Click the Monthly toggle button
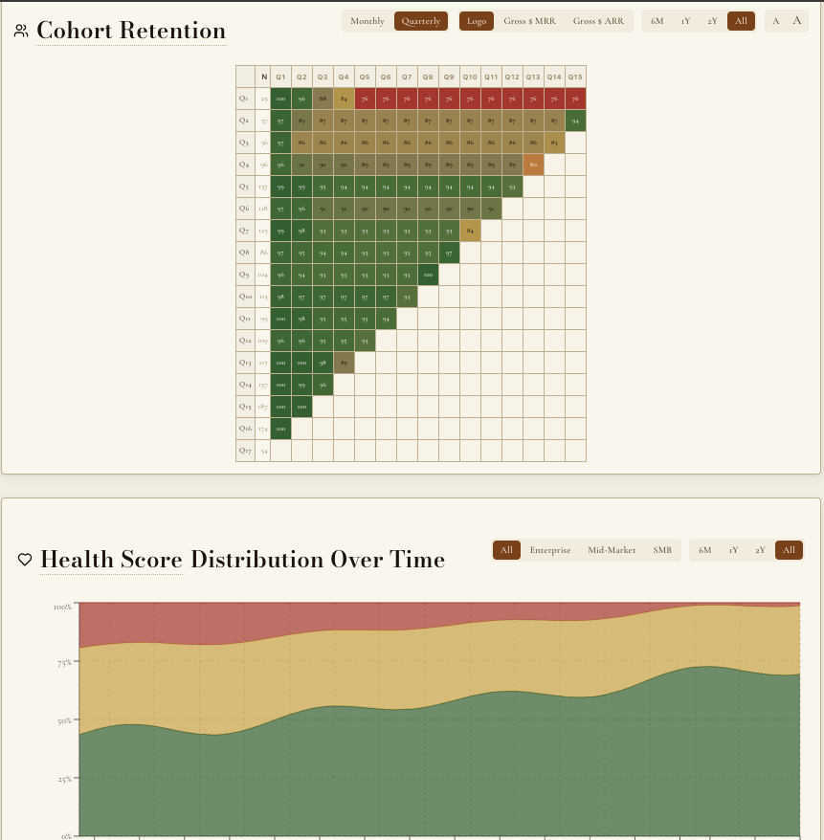pos(367,21)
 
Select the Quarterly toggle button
pos(421,21)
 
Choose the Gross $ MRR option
pos(529,21)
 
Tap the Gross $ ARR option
pos(598,21)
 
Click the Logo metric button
pos(477,21)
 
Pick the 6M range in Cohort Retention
pos(657,21)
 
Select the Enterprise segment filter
pos(550,550)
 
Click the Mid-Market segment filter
pos(612,550)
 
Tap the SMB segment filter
pos(662,550)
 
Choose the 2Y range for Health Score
pos(760,550)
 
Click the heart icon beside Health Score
pos(25,560)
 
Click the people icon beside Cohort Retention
pos(21,32)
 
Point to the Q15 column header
pos(574,77)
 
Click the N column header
pos(263,77)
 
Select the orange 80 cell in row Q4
pos(533,165)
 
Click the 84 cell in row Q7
pos(470,231)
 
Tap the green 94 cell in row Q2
pos(574,121)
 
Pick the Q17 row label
pos(245,450)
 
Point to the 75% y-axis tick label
pos(63,663)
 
